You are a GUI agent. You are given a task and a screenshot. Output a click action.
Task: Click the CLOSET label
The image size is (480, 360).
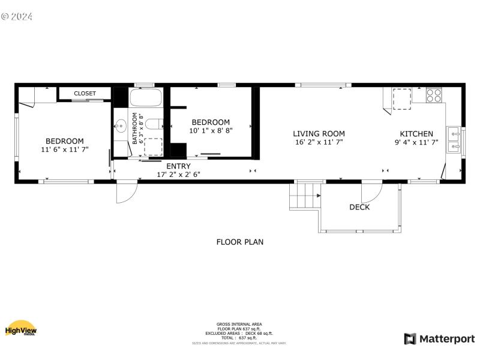[x=85, y=94]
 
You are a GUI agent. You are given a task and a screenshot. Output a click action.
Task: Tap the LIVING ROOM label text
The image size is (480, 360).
[x=319, y=134]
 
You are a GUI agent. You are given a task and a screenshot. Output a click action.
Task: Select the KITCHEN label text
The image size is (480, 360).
[x=416, y=134]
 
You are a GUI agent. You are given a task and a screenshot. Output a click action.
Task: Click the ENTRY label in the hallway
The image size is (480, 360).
[x=178, y=166]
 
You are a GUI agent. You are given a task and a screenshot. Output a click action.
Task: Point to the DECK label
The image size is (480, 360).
[x=359, y=208]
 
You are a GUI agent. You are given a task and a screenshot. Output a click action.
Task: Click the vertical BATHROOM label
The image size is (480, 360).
[x=135, y=129]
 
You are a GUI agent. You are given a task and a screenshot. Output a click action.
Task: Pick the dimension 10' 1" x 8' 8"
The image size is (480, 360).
[x=211, y=130]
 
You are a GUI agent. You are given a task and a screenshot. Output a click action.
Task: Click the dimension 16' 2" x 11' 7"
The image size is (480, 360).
[x=319, y=143]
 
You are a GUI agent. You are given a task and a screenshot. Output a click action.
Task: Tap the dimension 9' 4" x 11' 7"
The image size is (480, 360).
[x=416, y=143]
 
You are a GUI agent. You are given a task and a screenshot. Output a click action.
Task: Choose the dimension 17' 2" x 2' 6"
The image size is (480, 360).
[x=178, y=175]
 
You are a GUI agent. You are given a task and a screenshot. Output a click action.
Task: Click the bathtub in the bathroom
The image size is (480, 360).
[x=146, y=98]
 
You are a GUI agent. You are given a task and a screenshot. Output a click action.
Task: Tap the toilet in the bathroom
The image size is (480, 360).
[x=154, y=125]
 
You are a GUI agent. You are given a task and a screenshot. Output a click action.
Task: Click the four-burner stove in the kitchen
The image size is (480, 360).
[x=434, y=94]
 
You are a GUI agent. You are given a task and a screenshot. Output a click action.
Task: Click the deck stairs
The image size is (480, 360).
[x=305, y=196]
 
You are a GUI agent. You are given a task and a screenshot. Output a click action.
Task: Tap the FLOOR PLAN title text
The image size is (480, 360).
[x=239, y=242]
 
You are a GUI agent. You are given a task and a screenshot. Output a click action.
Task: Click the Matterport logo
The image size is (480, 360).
[x=439, y=339]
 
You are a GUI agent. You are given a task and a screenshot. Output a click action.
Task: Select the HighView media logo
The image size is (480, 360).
[x=21, y=328]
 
